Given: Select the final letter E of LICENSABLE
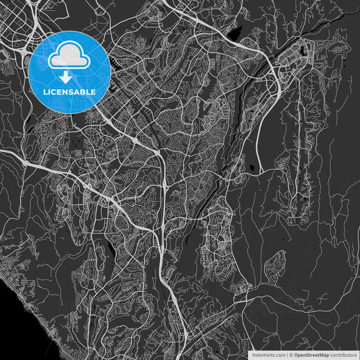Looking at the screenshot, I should click(93, 91).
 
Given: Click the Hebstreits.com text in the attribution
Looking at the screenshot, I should click(269, 354).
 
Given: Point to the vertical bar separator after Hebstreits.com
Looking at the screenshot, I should click(286, 354).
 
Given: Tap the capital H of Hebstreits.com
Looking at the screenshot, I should click(254, 354).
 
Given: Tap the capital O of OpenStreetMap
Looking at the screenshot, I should click(296, 354).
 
